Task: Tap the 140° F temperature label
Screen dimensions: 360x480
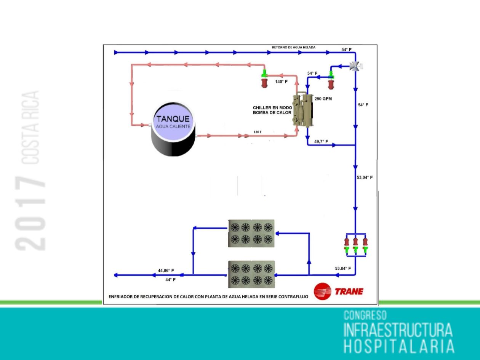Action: point(281,82)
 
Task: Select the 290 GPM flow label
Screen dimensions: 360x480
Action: point(323,99)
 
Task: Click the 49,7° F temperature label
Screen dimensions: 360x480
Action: point(321,141)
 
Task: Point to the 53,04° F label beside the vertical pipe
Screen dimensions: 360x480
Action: point(365,178)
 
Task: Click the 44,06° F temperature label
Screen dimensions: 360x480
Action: point(166,270)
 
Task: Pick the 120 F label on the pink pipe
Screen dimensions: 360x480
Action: point(258,132)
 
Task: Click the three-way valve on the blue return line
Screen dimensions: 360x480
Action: point(355,66)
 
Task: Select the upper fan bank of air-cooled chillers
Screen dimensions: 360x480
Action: point(251,233)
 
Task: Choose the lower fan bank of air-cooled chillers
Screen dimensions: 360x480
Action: point(251,274)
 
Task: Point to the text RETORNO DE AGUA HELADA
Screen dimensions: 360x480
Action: point(293,48)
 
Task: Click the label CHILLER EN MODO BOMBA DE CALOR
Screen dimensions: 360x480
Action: point(272,110)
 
